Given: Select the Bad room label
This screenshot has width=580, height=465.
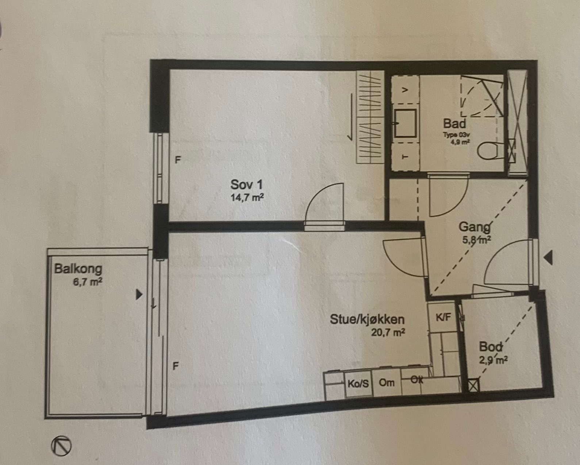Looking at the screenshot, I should [454, 123].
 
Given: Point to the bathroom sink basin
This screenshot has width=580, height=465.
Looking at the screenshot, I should [406, 123].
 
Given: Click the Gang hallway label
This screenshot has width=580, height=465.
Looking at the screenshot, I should [474, 227].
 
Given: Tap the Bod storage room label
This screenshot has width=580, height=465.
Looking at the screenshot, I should [491, 346].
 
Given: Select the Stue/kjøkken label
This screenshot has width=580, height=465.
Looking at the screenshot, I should [367, 320].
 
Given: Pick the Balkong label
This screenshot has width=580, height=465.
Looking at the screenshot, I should [78, 269].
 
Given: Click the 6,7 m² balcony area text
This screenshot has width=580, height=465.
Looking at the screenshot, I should [87, 282].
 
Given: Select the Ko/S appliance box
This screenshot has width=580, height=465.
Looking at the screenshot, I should [358, 384].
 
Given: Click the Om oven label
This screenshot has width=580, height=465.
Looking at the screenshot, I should [387, 383].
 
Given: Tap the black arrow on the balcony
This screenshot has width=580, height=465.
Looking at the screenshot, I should [138, 295].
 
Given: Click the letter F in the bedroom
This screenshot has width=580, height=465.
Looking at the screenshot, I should [178, 160].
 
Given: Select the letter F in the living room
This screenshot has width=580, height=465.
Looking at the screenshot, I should [176, 366].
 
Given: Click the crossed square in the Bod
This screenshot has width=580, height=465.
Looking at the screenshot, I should [473, 386].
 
